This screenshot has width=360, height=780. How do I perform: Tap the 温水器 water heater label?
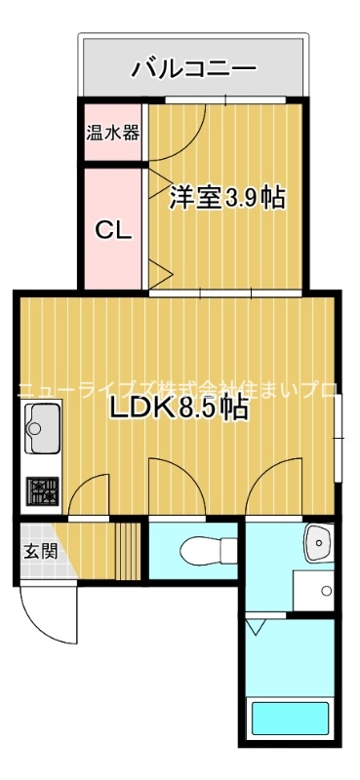(x=112, y=132)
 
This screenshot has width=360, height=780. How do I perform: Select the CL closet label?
(x=112, y=230)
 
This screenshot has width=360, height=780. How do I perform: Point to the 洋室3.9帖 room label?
(x=227, y=198)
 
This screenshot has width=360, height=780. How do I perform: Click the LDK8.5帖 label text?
(x=178, y=409)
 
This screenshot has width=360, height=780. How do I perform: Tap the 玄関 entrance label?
(x=40, y=551)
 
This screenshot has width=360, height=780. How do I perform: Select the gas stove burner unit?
(x=42, y=489)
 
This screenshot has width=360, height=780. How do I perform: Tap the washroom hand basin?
(x=318, y=544)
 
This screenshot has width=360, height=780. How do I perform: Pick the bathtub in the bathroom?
(x=290, y=720)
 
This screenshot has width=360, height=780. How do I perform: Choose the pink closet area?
(x=112, y=230)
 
